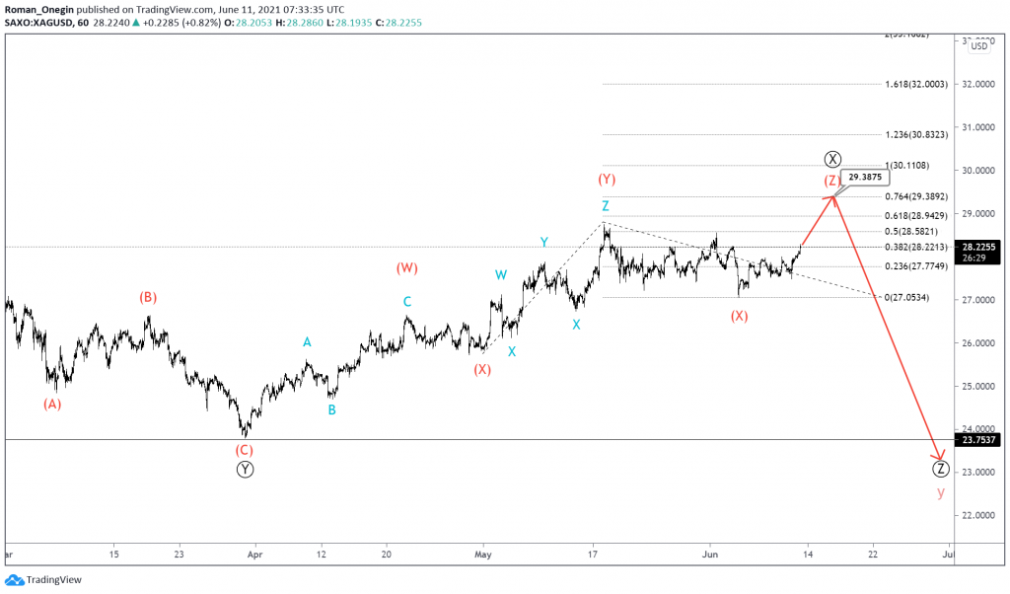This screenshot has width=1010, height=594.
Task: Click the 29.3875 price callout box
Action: point(867,178)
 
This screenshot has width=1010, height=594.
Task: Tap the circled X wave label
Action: point(833,159)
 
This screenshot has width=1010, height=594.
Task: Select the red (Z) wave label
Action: point(832,181)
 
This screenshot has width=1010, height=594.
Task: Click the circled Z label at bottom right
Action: point(940,469)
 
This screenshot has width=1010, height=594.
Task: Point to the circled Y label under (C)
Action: point(245,470)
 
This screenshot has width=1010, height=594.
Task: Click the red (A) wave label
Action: point(52,404)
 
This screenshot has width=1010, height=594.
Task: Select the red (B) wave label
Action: point(147,297)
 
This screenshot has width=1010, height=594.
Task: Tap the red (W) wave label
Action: point(406,267)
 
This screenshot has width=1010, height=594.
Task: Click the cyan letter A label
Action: point(307,342)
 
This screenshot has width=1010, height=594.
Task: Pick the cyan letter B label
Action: point(331,409)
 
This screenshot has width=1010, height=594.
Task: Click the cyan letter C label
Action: point(406,302)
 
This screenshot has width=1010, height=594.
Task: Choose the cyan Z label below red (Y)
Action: point(606,206)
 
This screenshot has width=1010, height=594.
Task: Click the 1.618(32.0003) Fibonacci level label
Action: point(916,85)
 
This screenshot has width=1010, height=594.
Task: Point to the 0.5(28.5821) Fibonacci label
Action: point(916,231)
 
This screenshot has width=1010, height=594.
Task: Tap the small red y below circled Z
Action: point(940,492)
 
